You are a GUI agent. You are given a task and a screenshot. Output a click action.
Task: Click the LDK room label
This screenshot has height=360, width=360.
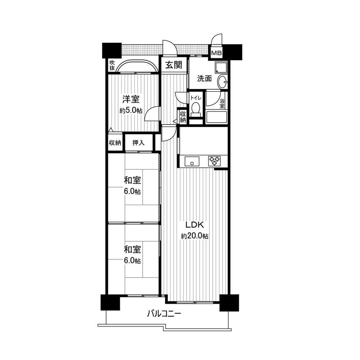pos(195,225)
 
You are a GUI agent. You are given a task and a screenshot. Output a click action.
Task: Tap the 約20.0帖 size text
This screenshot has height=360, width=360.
pos(195,237)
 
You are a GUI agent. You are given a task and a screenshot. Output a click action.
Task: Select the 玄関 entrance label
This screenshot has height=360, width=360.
pos(174,65)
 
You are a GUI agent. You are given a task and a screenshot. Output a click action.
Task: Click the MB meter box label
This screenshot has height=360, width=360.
pos(216,53)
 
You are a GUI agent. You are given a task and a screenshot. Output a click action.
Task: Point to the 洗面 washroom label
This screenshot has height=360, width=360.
pos(204,78)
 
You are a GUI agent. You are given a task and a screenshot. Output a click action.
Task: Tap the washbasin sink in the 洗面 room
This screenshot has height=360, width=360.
pos(223,82)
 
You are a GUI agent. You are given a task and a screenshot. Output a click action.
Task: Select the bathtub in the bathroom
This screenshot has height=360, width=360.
pos(216,118)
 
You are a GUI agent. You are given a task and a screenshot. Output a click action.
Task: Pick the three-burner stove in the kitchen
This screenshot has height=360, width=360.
pos(215,161)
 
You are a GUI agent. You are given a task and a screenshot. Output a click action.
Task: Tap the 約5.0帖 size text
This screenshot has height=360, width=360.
pos(131,111)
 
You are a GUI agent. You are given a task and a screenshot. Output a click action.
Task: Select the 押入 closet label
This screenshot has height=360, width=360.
pos(139,143)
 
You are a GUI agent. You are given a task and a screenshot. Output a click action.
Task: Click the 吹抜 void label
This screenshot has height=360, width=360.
pos(112,65)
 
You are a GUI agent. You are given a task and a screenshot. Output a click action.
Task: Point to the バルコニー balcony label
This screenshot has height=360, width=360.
pos(164,314)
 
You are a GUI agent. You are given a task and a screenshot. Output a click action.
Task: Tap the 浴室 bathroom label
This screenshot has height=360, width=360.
pos(222,104)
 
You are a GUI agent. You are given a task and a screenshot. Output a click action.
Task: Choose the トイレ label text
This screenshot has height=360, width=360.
pos(196,98)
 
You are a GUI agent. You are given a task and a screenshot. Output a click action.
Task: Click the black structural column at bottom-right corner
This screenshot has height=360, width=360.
pos(229,302)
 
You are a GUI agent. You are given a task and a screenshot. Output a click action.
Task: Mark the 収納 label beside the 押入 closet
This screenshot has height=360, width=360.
pos(115,143)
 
